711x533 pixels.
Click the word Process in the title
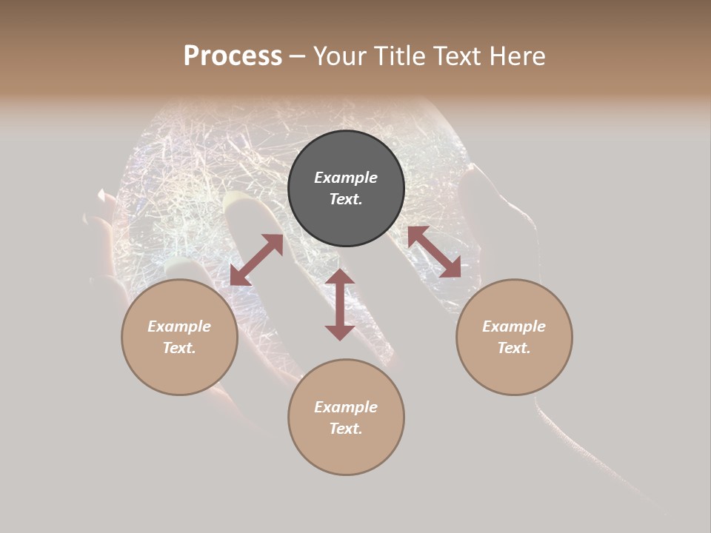pyautogui.click(x=233, y=56)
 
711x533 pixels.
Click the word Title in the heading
pyautogui.click(x=398, y=56)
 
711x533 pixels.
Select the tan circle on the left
pyautogui.click(x=179, y=370)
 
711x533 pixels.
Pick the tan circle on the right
pyautogui.click(x=514, y=370)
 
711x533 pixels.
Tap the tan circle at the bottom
pyautogui.click(x=346, y=452)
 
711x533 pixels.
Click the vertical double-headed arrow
pyautogui.click(x=340, y=305)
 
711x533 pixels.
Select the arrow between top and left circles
pyautogui.click(x=256, y=260)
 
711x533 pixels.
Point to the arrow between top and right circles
pyautogui.click(x=434, y=252)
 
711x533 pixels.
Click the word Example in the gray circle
pyautogui.click(x=346, y=178)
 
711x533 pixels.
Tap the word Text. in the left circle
pyautogui.click(x=179, y=348)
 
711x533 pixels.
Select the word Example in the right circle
pyautogui.click(x=514, y=326)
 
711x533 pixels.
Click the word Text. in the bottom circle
pyautogui.click(x=346, y=429)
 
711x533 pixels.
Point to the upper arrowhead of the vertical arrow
pyautogui.click(x=340, y=277)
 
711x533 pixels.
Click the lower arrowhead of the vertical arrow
pyautogui.click(x=340, y=332)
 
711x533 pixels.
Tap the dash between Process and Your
pyautogui.click(x=297, y=56)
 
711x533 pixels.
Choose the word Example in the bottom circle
pyautogui.click(x=346, y=407)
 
